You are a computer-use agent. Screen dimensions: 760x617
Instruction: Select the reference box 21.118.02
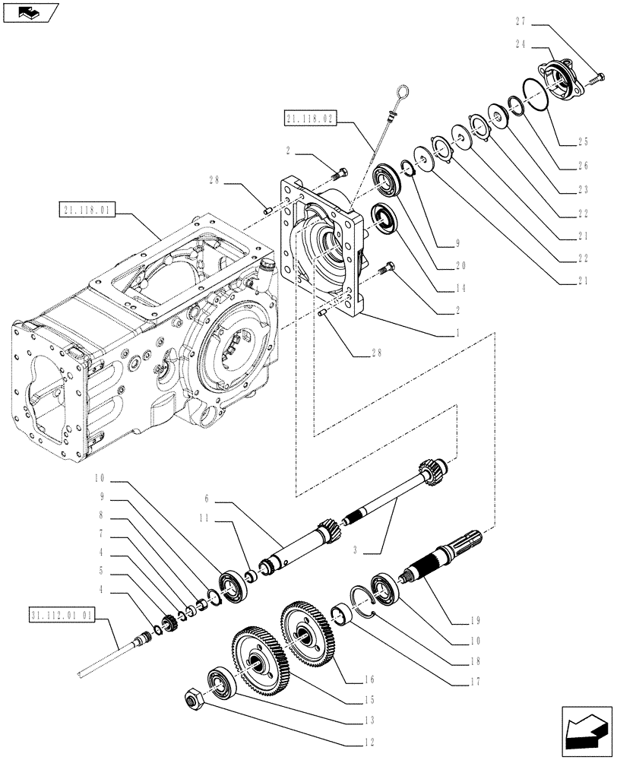click(310, 118)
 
